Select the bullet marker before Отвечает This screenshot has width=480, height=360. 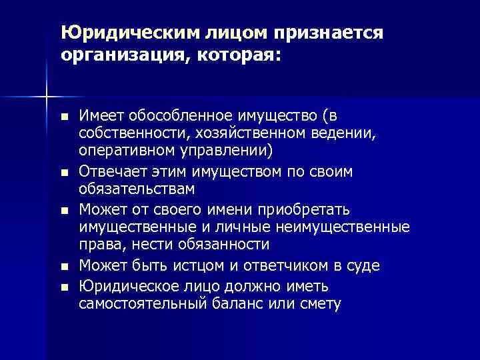[x=63, y=173]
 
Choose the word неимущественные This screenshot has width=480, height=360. [x=351, y=227]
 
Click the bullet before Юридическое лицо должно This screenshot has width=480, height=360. [x=63, y=286]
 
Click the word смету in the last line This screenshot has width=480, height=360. [x=320, y=303]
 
